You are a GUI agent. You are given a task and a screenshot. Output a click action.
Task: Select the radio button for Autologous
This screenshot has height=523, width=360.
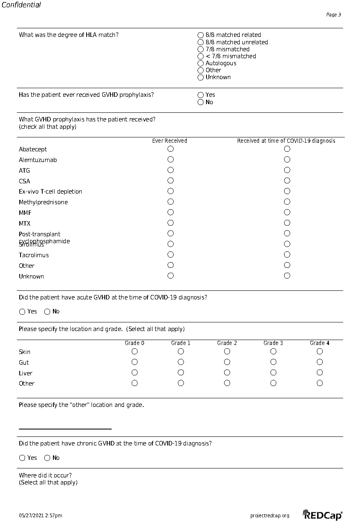[201, 63]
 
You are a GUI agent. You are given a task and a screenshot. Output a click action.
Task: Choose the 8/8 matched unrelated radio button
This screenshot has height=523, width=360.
[201, 42]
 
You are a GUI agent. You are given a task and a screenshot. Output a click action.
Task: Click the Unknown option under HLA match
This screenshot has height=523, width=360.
[201, 77]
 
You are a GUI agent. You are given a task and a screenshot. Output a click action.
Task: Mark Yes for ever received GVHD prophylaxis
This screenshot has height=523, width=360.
[201, 95]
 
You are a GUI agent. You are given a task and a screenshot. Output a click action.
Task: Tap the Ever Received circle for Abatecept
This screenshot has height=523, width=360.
[170, 149]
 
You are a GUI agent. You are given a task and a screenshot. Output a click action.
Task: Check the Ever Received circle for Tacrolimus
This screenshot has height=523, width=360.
[170, 255]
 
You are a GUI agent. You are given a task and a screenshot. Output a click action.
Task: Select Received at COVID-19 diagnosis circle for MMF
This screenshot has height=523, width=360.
[287, 212]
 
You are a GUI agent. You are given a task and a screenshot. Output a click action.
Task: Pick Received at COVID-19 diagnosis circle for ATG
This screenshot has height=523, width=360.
[287, 170]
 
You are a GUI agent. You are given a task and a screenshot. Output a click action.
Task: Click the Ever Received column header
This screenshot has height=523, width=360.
[170, 141]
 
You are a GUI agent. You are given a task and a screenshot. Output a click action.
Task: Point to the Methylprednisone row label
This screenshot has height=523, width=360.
[43, 202]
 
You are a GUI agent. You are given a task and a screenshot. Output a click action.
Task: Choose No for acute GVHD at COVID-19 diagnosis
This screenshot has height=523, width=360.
[47, 312]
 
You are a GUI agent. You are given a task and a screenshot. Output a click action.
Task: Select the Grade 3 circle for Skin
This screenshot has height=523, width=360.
[273, 352]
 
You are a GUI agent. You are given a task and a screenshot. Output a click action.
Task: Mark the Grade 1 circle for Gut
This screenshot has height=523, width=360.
[181, 362]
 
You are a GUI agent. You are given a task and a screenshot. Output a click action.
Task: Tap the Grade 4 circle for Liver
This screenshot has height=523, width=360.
[320, 373]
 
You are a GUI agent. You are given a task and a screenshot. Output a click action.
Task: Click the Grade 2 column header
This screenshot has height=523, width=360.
[227, 343]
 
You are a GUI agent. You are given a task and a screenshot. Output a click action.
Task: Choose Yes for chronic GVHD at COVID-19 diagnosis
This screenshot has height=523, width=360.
[22, 458]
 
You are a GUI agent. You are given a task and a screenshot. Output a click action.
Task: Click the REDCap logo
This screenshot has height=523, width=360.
[322, 515]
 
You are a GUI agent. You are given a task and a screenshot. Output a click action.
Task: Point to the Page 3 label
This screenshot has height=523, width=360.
[333, 15]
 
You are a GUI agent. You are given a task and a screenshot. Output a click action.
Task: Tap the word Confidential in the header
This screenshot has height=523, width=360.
[21, 5]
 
